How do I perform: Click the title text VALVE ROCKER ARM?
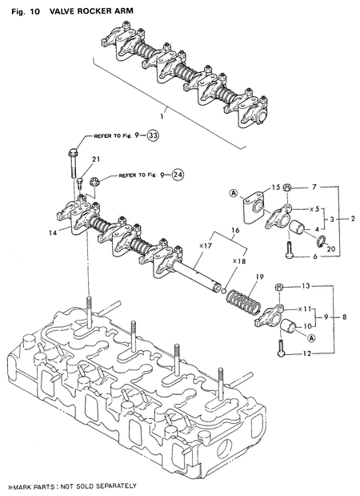pos(88,8)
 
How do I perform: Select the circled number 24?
pos(177,173)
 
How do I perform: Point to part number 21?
pos(95,159)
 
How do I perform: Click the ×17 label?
pos(203,246)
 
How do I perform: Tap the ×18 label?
pos(238,261)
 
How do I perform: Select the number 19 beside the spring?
pos(258,277)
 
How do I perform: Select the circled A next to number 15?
pos(232,193)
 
